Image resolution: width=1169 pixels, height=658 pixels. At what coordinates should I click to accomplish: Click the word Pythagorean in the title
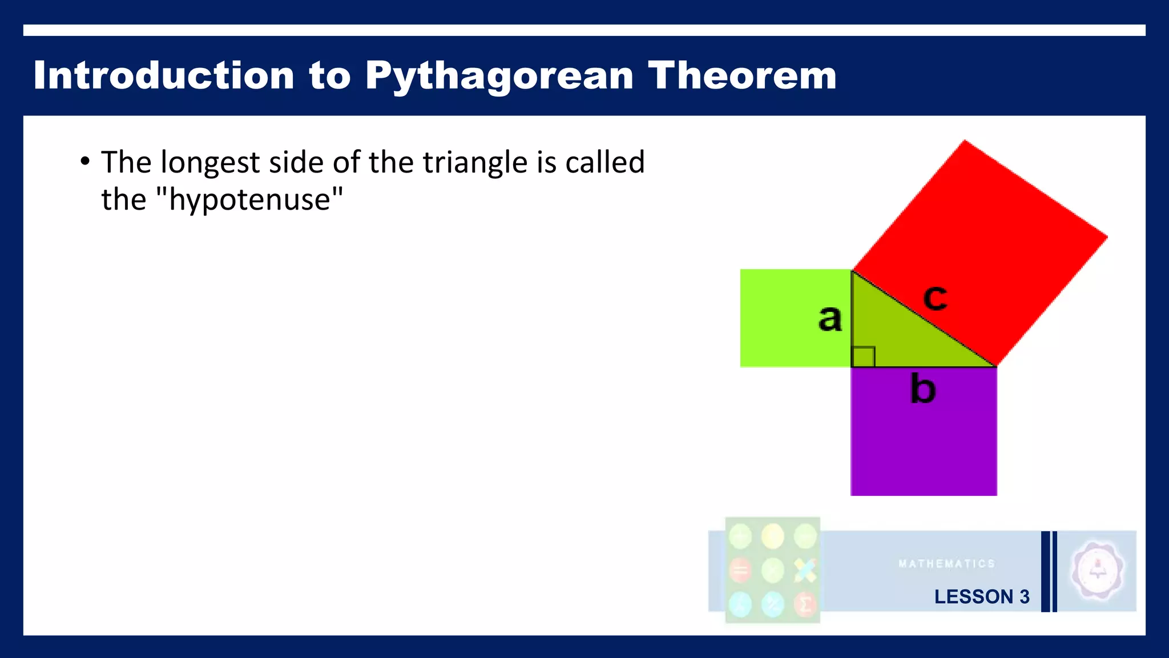tap(499, 75)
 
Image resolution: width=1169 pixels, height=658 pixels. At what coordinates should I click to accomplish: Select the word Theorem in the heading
tap(741, 75)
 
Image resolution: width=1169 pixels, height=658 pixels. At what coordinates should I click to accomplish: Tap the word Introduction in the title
tap(163, 75)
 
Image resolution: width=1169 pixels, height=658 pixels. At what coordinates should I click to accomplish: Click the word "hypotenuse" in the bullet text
tap(250, 199)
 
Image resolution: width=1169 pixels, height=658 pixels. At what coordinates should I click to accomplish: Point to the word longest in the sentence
tap(210, 163)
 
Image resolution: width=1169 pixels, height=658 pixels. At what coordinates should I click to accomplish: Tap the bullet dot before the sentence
tap(85, 161)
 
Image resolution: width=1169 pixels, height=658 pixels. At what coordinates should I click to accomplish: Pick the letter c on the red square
tap(935, 297)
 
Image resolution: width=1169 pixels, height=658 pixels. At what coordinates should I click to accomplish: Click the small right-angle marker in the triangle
tap(863, 356)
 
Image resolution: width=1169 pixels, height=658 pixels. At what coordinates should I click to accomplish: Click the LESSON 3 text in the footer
tap(982, 596)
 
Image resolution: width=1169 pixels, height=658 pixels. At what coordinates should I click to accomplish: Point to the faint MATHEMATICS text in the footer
tap(946, 564)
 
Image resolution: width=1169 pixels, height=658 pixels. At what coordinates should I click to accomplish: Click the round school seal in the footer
tap(1097, 571)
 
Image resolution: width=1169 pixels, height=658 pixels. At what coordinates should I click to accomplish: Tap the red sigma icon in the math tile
tap(805, 604)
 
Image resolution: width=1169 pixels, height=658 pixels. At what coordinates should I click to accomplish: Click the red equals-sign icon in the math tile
tap(740, 570)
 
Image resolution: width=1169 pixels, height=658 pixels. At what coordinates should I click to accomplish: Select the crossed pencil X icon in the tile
tap(805, 570)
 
